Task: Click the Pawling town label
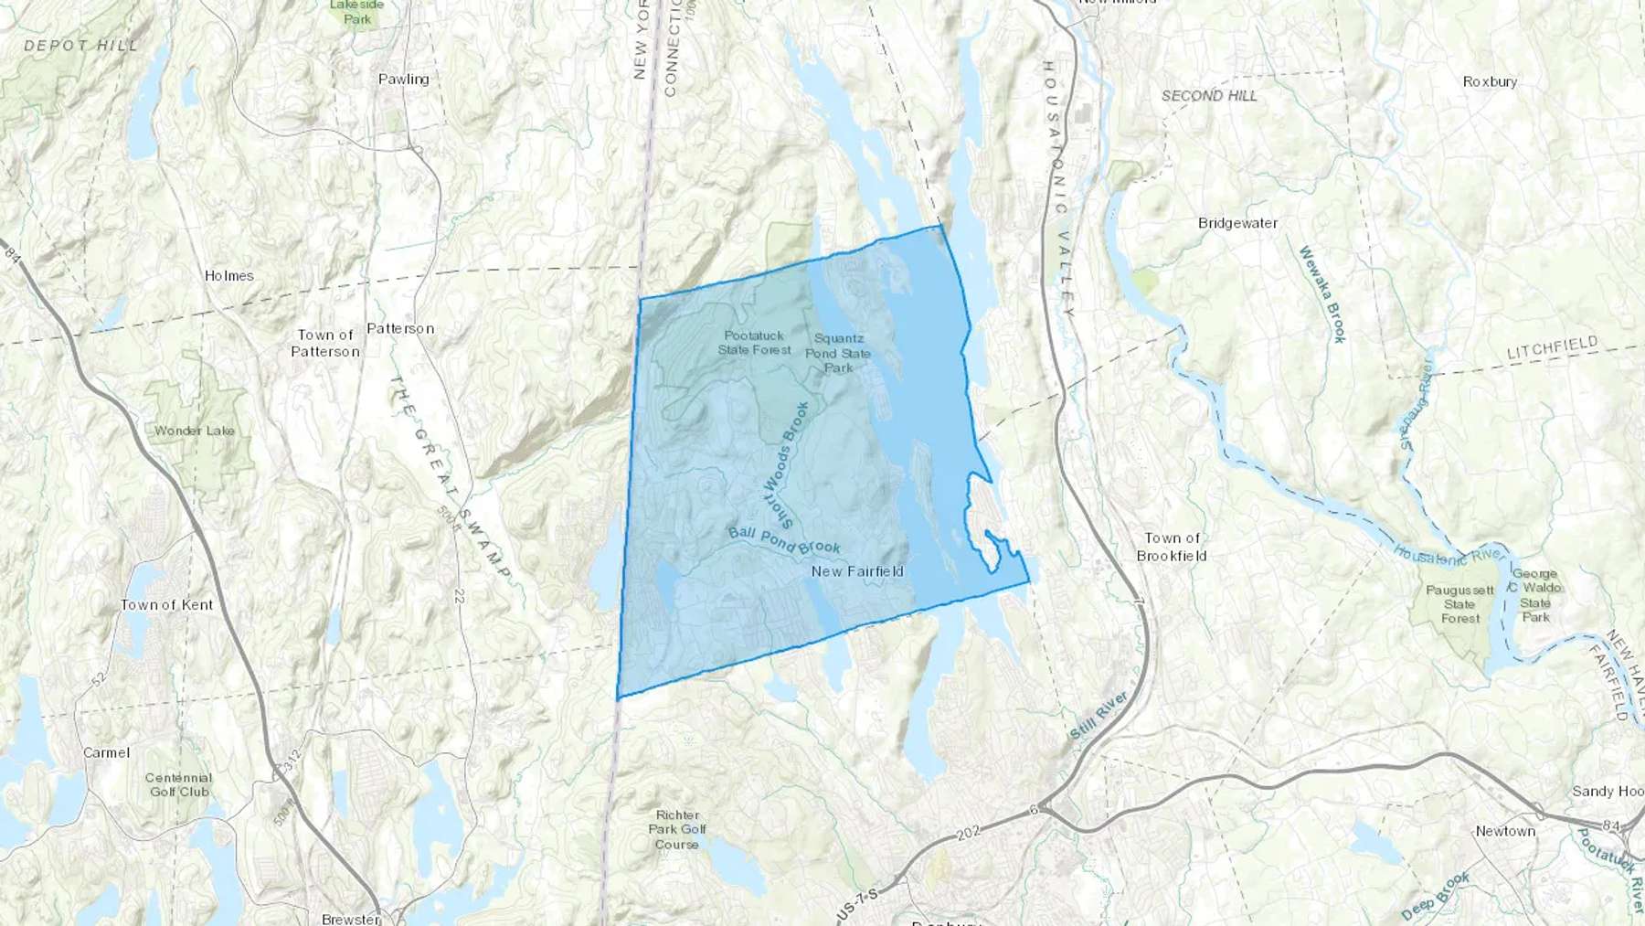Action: [403, 80]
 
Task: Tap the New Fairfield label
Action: [857, 571]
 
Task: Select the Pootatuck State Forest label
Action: [754, 343]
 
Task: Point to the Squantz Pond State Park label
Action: [838, 353]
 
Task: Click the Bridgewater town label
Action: [1237, 223]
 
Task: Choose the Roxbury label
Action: [1490, 81]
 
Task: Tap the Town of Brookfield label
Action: [1172, 547]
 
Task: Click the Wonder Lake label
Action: [194, 431]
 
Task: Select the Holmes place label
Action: [228, 275]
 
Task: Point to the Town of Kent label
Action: [166, 604]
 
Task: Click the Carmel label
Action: [106, 752]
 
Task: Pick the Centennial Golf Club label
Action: [179, 784]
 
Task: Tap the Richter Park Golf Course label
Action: [677, 829]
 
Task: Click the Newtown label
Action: [1505, 831]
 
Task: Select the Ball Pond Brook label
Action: [783, 540]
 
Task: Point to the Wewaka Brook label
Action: [1322, 294]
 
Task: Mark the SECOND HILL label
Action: [1209, 95]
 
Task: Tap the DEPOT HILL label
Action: [80, 45]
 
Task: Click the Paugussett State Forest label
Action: [1459, 604]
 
